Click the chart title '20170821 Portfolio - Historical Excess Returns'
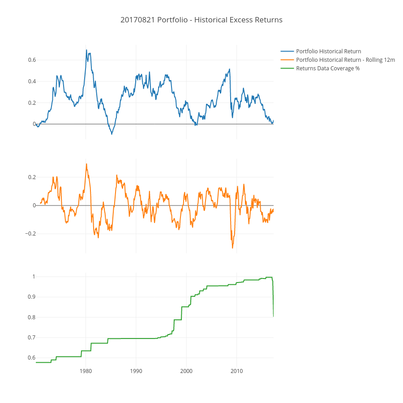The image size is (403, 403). pos(201,20)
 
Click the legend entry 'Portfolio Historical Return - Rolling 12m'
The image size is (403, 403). pos(345,60)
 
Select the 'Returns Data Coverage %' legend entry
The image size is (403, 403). pos(328,69)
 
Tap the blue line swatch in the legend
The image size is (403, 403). pos(287,51)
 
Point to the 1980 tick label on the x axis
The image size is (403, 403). pos(86,371)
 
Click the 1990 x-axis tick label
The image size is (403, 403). pos(136,371)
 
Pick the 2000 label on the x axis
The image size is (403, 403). pos(186,371)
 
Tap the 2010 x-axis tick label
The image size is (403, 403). pos(236,371)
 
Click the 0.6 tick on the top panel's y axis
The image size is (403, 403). pos(32,60)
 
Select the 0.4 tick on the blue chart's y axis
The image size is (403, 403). pos(32,81)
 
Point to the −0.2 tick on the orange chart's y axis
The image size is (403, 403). pos(30,234)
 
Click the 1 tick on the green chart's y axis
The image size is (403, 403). pos(34,277)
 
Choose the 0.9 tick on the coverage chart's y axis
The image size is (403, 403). pos(32,297)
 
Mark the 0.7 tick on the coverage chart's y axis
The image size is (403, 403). pos(32,338)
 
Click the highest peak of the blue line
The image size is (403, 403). pos(86,50)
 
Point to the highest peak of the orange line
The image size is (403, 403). pos(86,164)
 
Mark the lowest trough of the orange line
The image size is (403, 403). pos(232,248)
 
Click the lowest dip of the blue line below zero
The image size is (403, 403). pos(112,134)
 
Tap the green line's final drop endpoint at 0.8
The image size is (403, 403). pos(273,317)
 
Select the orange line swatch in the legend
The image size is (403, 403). pos(287,60)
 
